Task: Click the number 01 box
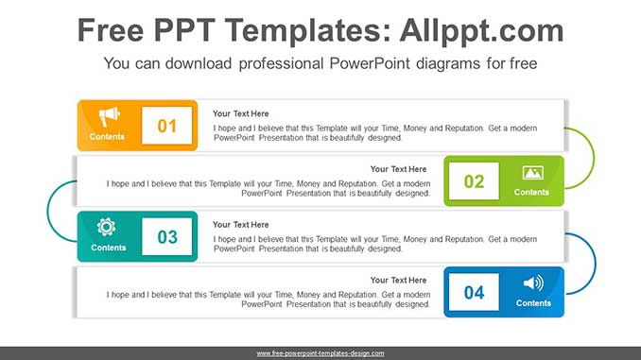pyautogui.click(x=167, y=126)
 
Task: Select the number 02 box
pyautogui.click(x=474, y=181)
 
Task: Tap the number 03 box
pyautogui.click(x=167, y=237)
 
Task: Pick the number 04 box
pyautogui.click(x=474, y=293)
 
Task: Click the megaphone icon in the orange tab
pyautogui.click(x=109, y=116)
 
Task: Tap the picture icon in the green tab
pyautogui.click(x=532, y=173)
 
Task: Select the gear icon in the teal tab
pyautogui.click(x=107, y=227)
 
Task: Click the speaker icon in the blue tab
pyautogui.click(x=533, y=283)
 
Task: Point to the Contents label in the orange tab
pyautogui.click(x=108, y=137)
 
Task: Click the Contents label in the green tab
pyautogui.click(x=531, y=193)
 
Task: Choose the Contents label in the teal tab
pyautogui.click(x=108, y=249)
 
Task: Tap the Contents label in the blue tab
pyautogui.click(x=533, y=303)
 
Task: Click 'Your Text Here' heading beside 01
pyautogui.click(x=240, y=113)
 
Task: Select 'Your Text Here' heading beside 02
pyautogui.click(x=398, y=169)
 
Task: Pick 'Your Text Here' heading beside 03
pyautogui.click(x=240, y=225)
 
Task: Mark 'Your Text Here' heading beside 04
pyautogui.click(x=398, y=281)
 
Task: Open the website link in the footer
pyautogui.click(x=320, y=353)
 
